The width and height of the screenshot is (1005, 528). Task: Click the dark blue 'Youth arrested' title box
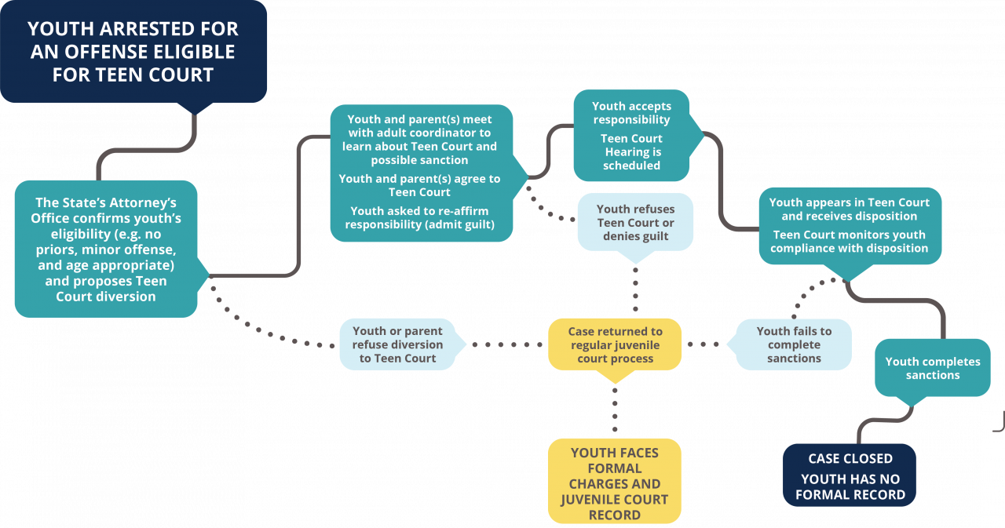(x=133, y=52)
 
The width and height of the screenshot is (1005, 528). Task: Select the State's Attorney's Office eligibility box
(x=106, y=249)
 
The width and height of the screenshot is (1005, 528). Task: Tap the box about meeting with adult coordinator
(x=421, y=173)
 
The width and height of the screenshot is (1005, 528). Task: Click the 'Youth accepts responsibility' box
(x=631, y=135)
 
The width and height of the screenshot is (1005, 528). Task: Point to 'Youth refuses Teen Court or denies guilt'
(x=635, y=222)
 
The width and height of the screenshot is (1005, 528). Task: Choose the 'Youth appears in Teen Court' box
(x=850, y=224)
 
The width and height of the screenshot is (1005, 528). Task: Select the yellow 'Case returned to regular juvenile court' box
(x=615, y=344)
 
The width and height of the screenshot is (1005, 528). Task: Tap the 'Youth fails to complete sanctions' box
(x=794, y=344)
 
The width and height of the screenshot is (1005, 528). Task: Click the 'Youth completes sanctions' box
(x=933, y=368)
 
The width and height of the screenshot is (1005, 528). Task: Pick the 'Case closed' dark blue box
(x=850, y=475)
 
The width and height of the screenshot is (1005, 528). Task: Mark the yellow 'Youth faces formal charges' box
(x=615, y=481)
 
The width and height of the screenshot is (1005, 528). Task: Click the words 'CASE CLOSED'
(x=850, y=459)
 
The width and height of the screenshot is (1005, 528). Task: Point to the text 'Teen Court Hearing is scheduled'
(x=631, y=152)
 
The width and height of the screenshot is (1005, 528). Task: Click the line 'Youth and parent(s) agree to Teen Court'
(x=419, y=185)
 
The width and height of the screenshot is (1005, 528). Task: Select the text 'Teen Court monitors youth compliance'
(x=850, y=242)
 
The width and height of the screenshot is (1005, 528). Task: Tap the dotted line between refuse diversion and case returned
(x=506, y=344)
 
